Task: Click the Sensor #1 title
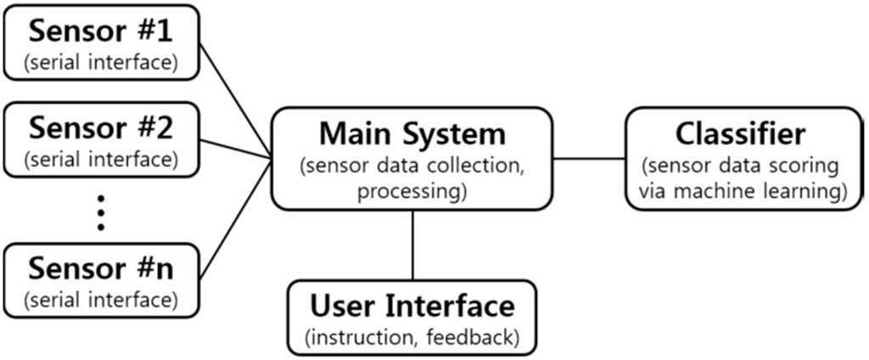101,33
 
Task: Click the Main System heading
412,134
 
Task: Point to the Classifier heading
741,134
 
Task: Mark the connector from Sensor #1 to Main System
236,98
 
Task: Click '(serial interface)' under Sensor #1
101,64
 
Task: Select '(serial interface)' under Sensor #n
101,299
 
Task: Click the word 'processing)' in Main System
412,192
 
